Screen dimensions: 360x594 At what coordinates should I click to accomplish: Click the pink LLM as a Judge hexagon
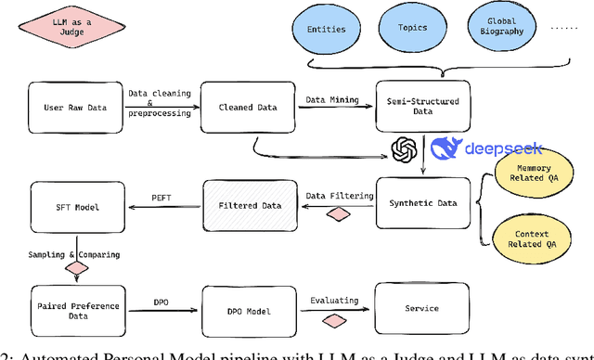59,28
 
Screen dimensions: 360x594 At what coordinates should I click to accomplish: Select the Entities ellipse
326,29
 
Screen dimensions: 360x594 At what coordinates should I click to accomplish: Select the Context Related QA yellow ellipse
529,240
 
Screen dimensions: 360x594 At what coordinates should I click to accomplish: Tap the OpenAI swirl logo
403,149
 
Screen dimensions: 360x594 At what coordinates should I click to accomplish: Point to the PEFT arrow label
161,197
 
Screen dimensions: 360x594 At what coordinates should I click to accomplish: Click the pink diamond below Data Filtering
339,215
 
